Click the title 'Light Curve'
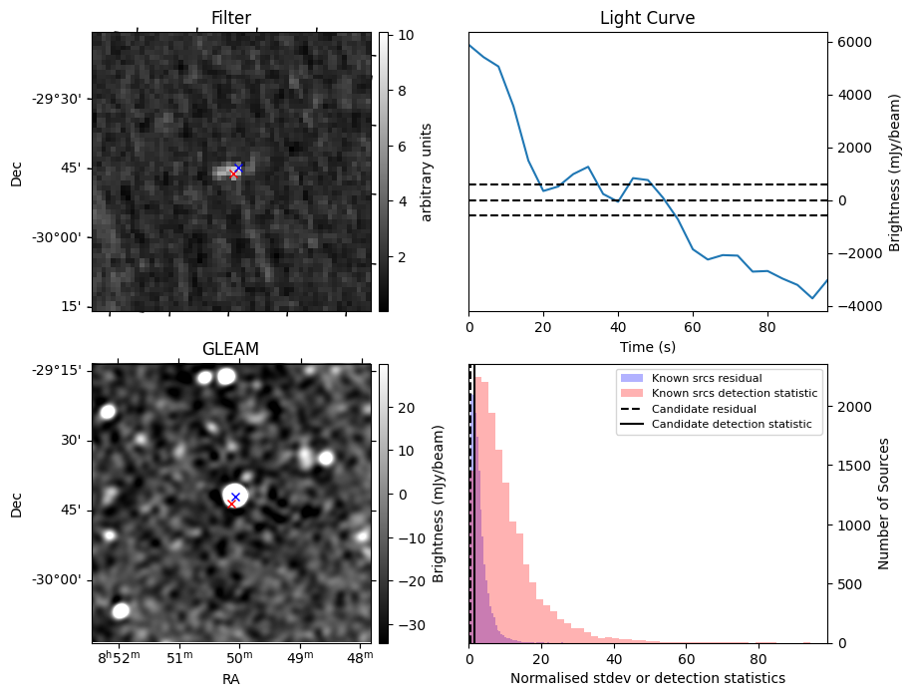pos(647,18)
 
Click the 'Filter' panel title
pos(231,18)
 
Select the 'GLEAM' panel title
pos(231,349)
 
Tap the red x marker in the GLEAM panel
pos(232,504)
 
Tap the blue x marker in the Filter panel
pos(238,168)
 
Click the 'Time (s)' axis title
pos(647,345)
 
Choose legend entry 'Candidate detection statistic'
pos(732,425)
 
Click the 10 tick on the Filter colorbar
pos(399,34)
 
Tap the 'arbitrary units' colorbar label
pos(427,172)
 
